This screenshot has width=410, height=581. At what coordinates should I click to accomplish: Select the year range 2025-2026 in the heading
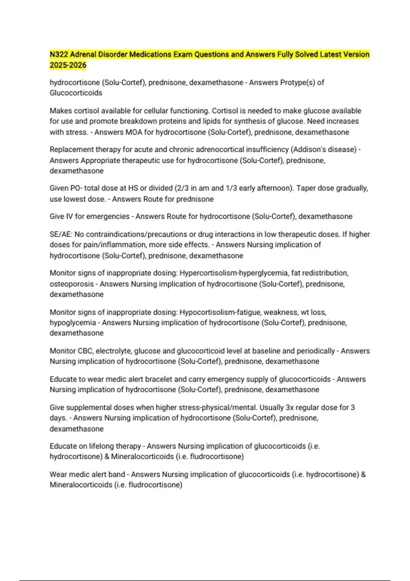tap(68, 65)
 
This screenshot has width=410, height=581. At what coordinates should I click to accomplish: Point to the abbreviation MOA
tap(134, 132)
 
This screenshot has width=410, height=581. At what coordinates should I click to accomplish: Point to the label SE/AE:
tap(61, 234)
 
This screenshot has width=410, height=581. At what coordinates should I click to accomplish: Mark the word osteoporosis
tap(72, 284)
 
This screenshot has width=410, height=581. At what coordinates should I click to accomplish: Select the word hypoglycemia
tap(73, 323)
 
